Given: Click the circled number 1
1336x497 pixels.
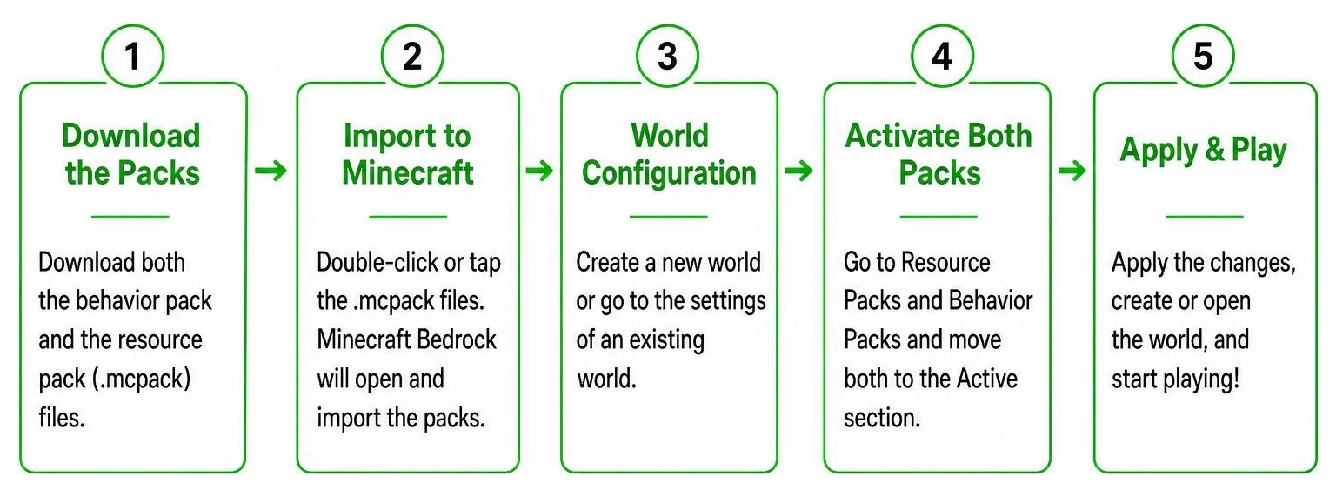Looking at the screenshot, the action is point(132,56).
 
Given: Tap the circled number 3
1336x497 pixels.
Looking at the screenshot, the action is point(667,56).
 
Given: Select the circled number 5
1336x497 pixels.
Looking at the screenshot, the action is point(1203,56).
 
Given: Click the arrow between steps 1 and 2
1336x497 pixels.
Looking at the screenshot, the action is point(271,171).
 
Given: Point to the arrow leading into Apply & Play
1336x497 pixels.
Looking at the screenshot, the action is point(1072,171).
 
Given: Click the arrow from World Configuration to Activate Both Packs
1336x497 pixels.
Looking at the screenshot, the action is point(798,171).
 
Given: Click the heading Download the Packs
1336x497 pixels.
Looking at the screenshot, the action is point(132,154).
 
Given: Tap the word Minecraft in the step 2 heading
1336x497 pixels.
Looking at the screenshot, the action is point(408,173).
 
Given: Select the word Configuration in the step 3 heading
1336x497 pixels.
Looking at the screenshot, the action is point(669,174).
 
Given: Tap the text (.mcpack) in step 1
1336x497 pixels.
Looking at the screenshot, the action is point(142,379).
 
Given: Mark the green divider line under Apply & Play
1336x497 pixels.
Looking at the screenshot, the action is point(1204,217).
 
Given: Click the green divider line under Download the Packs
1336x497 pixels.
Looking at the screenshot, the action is point(130,217).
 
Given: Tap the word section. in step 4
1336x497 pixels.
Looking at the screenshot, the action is point(881,418).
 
